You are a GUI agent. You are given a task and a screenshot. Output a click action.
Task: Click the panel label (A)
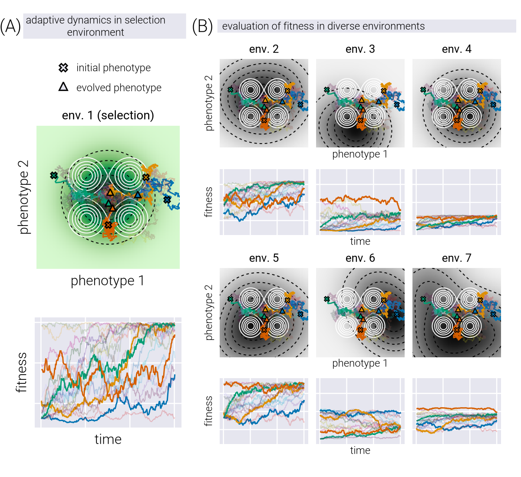pyautogui.click(x=10, y=26)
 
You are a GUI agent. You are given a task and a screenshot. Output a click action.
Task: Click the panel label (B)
pyautogui.click(x=202, y=26)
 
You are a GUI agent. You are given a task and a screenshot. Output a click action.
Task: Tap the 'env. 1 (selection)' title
pyautogui.click(x=108, y=115)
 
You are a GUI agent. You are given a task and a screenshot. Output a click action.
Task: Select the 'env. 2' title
pyautogui.click(x=264, y=49)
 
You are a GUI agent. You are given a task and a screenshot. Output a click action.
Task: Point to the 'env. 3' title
pyautogui.click(x=360, y=49)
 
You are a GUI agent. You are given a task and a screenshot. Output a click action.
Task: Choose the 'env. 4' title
pyautogui.click(x=457, y=49)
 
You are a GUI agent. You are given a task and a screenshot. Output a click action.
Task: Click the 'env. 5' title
pyautogui.click(x=264, y=258)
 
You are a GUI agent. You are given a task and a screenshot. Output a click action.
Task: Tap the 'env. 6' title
pyautogui.click(x=360, y=258)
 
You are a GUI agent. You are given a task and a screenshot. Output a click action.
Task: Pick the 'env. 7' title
pyautogui.click(x=457, y=258)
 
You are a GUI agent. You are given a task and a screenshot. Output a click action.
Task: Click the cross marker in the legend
pyautogui.click(x=63, y=68)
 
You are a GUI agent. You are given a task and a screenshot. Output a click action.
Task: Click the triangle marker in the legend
pyautogui.click(x=63, y=87)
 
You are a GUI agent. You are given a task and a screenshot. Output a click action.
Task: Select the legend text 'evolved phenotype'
pyautogui.click(x=119, y=88)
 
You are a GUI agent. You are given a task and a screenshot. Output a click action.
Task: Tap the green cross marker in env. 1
pyautogui.click(x=54, y=176)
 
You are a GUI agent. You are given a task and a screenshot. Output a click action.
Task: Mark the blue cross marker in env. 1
pyautogui.click(x=167, y=200)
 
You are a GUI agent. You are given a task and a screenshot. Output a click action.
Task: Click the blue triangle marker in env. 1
pyautogui.click(x=138, y=195)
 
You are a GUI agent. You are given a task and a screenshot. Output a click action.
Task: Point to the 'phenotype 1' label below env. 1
pyautogui.click(x=108, y=281)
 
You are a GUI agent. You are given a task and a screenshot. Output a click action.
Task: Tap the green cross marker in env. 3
pyautogui.click(x=327, y=90)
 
